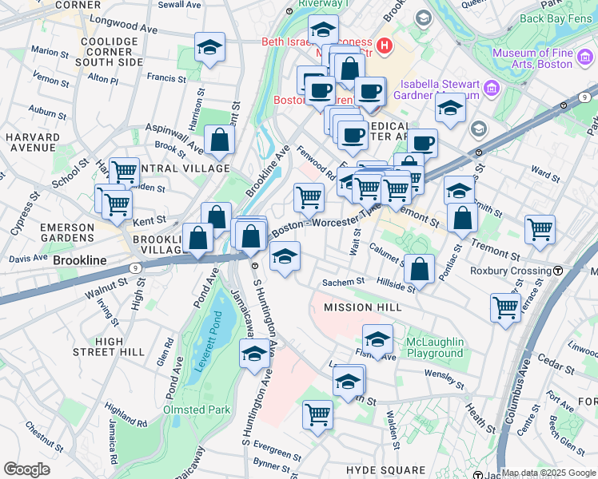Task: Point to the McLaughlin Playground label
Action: [434, 347]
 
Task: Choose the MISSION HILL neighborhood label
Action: [360, 307]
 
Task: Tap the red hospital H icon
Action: [385, 46]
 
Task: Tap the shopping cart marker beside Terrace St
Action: [505, 306]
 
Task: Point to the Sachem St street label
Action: [343, 282]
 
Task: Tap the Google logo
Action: [26, 469]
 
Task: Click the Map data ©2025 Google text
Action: [548, 473]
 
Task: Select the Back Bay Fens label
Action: [555, 16]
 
